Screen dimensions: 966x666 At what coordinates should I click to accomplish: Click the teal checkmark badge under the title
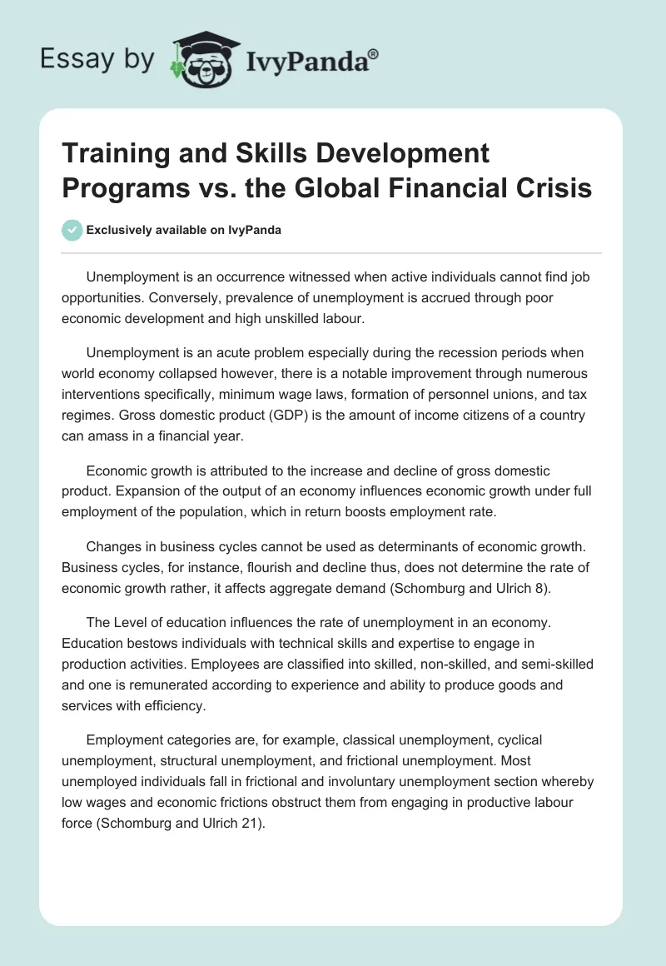(x=72, y=230)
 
